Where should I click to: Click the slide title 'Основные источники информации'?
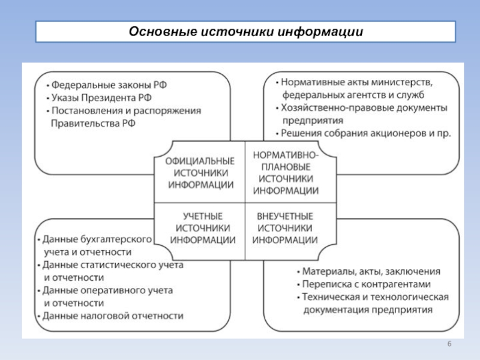pyautogui.click(x=246, y=32)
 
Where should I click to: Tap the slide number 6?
pyautogui.click(x=449, y=344)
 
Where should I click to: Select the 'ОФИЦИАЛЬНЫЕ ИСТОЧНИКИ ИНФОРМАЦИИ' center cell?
pyautogui.click(x=200, y=173)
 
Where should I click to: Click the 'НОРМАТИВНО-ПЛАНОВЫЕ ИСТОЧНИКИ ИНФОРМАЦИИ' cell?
pyautogui.click(x=286, y=173)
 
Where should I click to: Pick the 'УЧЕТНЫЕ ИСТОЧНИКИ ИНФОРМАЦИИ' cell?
pyautogui.click(x=202, y=228)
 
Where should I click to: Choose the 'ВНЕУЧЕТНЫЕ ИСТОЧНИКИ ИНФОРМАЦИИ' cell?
pyautogui.click(x=285, y=228)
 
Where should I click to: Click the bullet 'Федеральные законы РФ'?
pyautogui.click(x=107, y=85)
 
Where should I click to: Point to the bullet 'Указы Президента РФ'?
pyautogui.click(x=99, y=98)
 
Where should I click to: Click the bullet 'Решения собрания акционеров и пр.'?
pyautogui.click(x=364, y=133)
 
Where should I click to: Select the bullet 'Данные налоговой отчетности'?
pyautogui.click(x=110, y=316)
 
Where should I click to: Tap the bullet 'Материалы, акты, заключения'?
pyautogui.click(x=368, y=271)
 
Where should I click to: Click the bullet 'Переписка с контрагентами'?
pyautogui.click(x=364, y=284)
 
